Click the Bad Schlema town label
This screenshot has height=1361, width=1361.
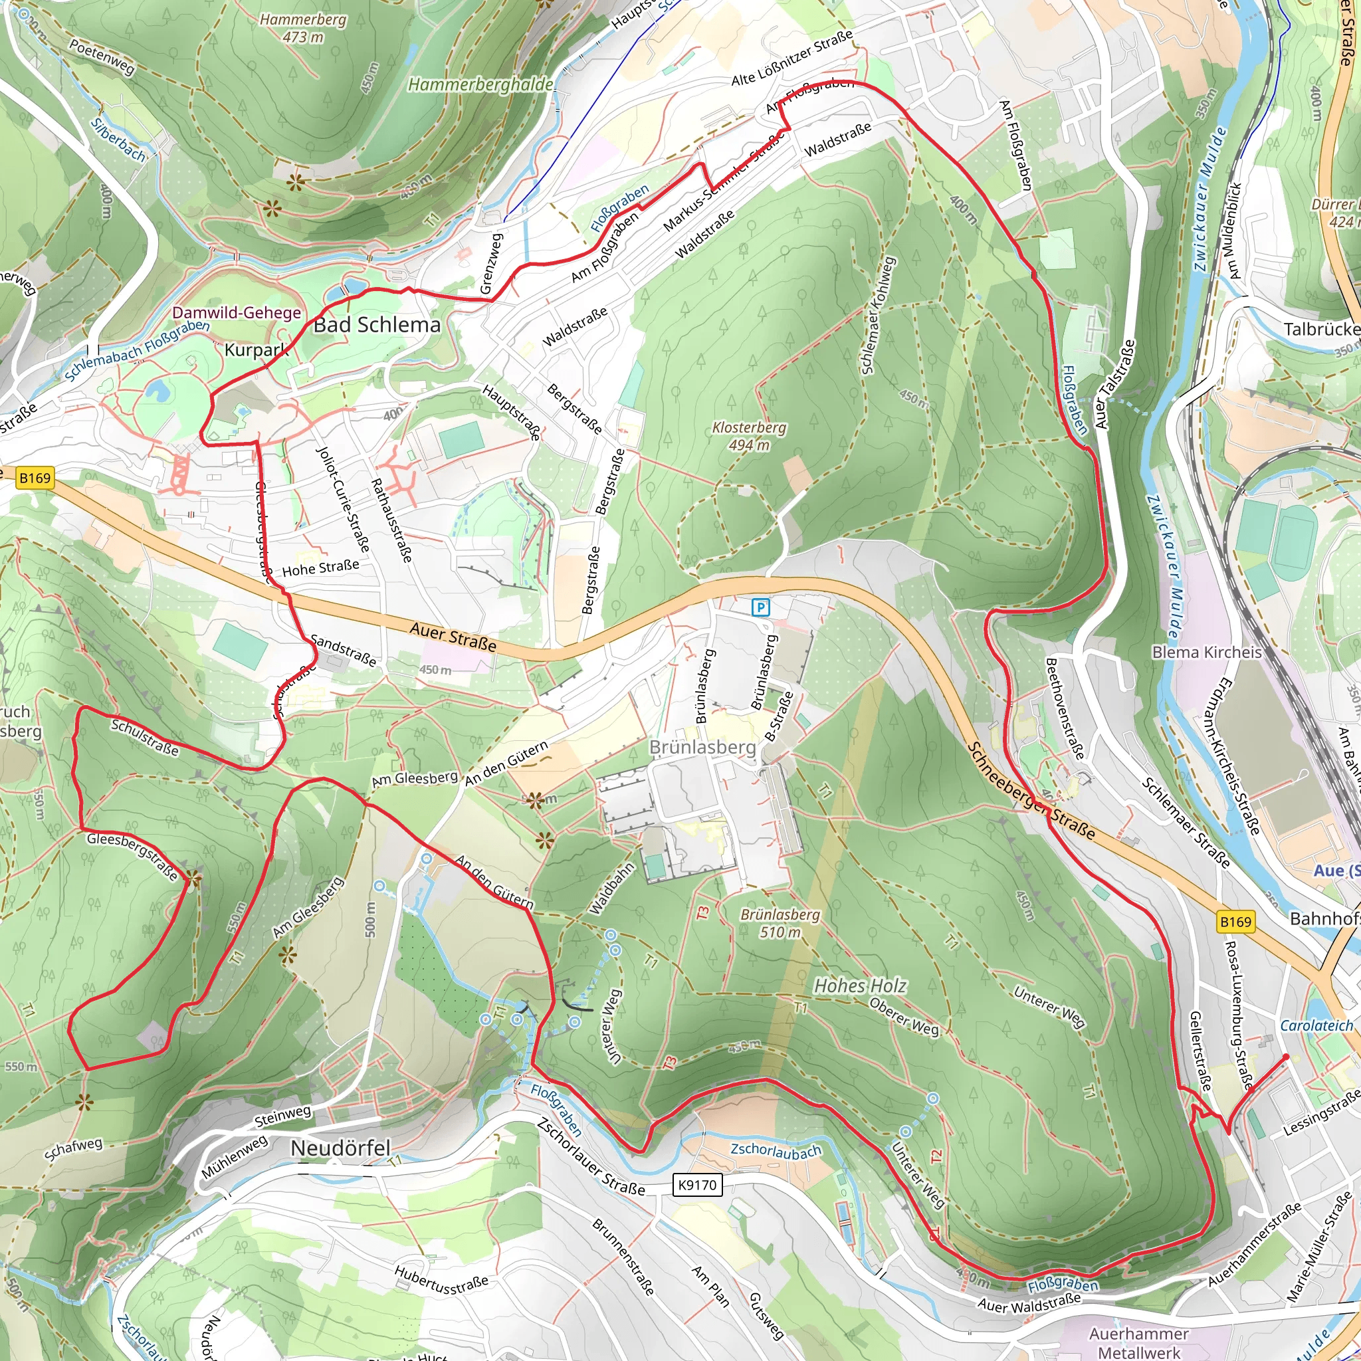[377, 325]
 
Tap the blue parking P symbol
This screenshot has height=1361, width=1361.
[761, 607]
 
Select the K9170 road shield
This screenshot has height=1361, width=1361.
[696, 1185]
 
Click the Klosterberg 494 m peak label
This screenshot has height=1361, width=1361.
[749, 436]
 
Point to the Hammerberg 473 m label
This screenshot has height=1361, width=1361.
[303, 28]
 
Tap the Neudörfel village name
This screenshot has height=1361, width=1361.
[340, 1148]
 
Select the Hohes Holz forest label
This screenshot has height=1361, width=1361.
[860, 986]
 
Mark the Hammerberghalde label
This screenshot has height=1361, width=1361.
[480, 84]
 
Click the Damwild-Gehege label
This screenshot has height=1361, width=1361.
[237, 313]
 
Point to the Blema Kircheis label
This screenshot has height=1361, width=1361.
[1207, 653]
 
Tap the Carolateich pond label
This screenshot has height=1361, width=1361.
[1316, 1025]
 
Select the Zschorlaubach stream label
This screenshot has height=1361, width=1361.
[776, 1150]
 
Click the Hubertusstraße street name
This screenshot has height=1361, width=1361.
[441, 1279]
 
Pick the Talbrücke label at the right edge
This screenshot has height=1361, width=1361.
[1322, 330]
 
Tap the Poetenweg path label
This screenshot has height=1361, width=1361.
[102, 56]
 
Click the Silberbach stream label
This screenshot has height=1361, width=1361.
[118, 140]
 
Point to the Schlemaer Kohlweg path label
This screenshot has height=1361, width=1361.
[877, 316]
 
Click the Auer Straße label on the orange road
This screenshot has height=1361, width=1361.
[453, 637]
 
